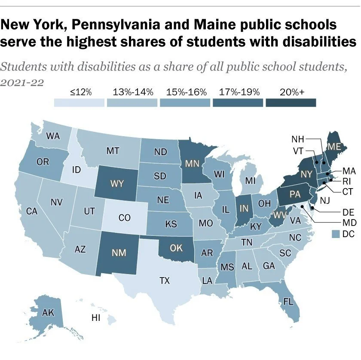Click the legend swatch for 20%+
pyautogui.click(x=291, y=103)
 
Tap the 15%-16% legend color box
pyautogui.click(x=185, y=103)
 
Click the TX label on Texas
pyautogui.click(x=164, y=281)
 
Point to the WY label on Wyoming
pyautogui.click(x=117, y=184)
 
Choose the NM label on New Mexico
pyautogui.click(x=119, y=253)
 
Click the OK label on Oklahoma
pyautogui.click(x=177, y=247)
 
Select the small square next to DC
pyautogui.click(x=337, y=234)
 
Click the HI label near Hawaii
pyautogui.click(x=96, y=318)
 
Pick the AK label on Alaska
pyautogui.click(x=48, y=313)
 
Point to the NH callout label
pyautogui.click(x=298, y=139)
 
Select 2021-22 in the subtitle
pyautogui.click(x=22, y=82)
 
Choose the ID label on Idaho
pyautogui.click(x=76, y=170)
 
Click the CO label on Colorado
pyautogui.click(x=124, y=218)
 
